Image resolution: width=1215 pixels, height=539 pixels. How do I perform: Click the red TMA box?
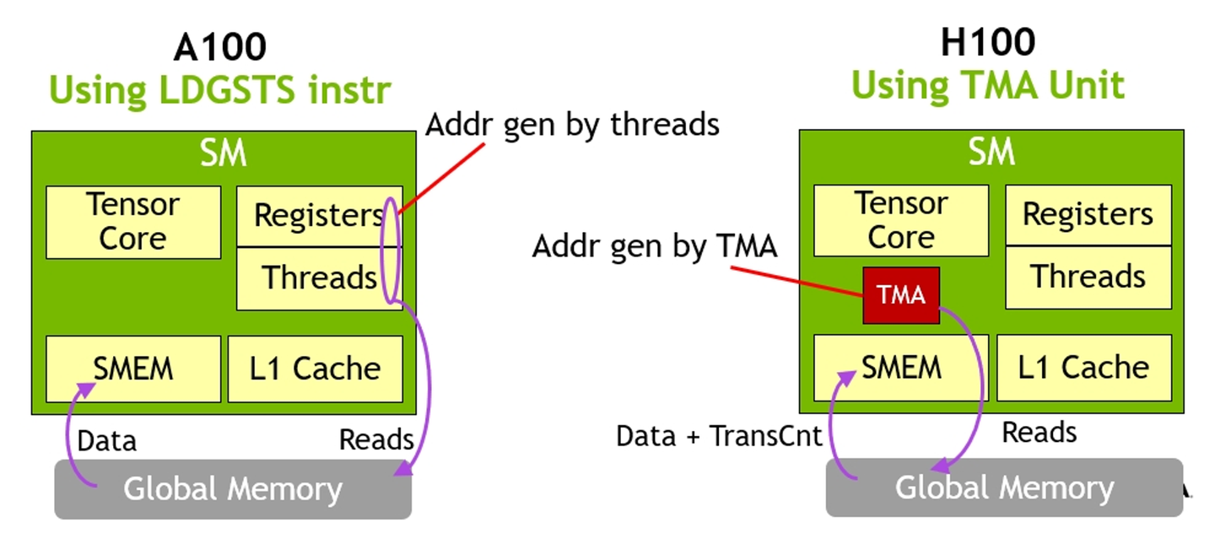[900, 295]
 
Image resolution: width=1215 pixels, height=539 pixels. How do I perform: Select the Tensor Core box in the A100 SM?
[133, 222]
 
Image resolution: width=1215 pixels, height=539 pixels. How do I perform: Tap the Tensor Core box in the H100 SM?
[900, 220]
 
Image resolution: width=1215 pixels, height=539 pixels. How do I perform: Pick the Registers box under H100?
[1088, 215]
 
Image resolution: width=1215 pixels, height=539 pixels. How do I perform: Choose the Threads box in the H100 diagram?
[1088, 277]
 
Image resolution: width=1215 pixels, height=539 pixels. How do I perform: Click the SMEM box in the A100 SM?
[133, 369]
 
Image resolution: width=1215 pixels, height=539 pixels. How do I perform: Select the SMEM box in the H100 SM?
[900, 367]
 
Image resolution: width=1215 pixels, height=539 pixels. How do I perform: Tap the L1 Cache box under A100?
[315, 369]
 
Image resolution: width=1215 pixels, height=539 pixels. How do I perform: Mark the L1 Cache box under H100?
[1083, 367]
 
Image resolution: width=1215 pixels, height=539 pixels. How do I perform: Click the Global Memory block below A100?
[233, 488]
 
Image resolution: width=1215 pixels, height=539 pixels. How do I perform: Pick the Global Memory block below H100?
[1004, 487]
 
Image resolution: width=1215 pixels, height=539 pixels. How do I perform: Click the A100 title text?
[219, 47]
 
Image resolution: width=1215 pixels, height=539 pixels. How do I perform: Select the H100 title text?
[987, 42]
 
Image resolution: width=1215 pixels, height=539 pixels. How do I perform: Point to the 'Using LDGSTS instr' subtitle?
[219, 90]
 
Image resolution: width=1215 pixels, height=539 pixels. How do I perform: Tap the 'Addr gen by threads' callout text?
[572, 125]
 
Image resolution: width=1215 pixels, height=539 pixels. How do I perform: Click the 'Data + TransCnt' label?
[719, 436]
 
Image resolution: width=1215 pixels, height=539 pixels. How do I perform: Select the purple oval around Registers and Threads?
[391, 249]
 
